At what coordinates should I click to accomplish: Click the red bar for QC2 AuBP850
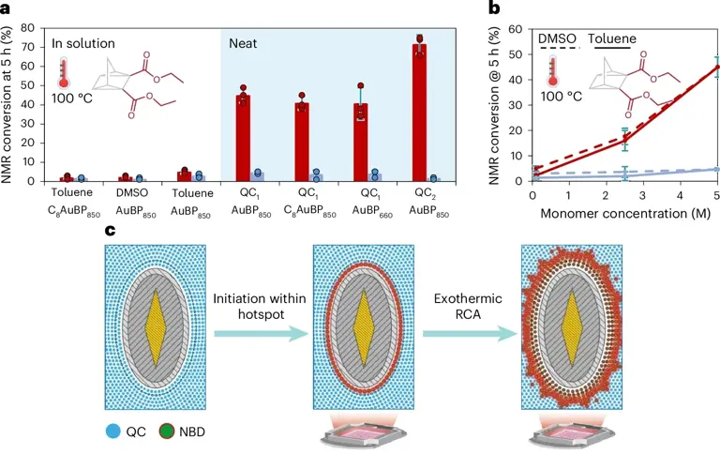[x=419, y=113]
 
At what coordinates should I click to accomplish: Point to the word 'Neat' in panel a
[x=246, y=43]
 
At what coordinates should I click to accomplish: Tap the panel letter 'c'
[x=111, y=230]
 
